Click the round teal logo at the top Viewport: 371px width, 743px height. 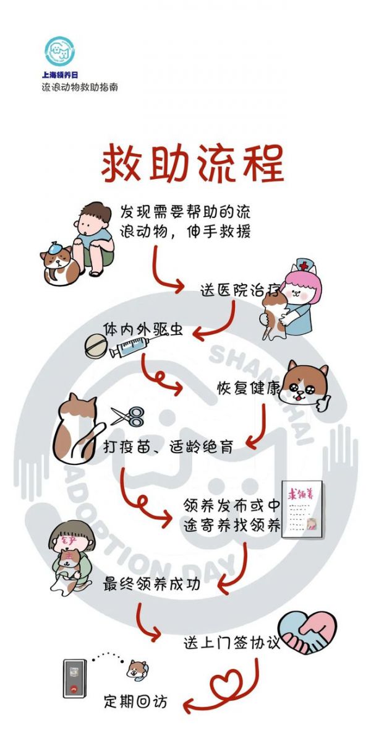point(60,51)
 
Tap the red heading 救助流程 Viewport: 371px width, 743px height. point(192,163)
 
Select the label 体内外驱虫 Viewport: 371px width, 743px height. point(143,329)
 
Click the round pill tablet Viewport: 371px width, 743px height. point(96,347)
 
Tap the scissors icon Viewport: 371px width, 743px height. point(128,417)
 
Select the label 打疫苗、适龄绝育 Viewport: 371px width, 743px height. point(168,447)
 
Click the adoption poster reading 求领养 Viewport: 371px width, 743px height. point(302,509)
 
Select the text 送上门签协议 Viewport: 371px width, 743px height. point(232,643)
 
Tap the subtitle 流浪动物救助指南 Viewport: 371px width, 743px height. point(80,87)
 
